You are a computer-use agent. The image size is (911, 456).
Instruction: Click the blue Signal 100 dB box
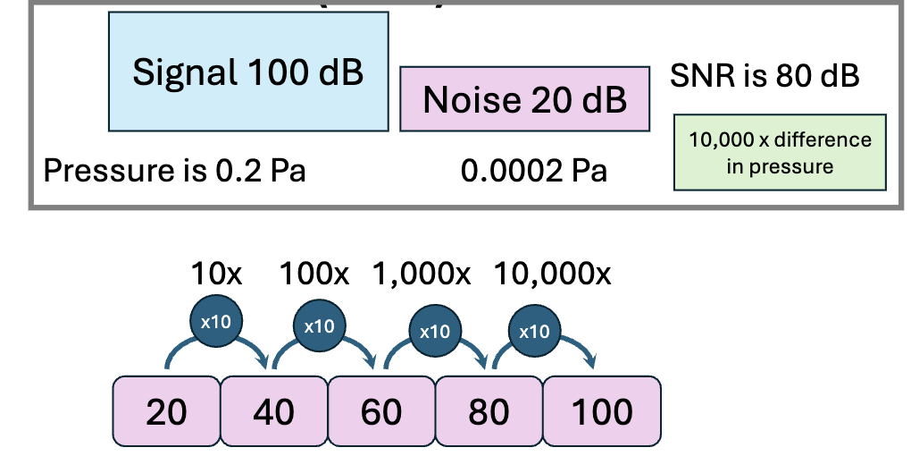click(248, 72)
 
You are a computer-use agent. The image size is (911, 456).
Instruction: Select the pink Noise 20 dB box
click(524, 98)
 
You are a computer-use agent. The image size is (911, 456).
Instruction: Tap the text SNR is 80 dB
click(765, 76)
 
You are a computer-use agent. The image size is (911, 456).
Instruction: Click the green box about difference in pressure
click(780, 152)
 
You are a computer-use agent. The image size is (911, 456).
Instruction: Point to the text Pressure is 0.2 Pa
click(174, 170)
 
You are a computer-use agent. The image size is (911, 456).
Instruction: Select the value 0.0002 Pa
click(533, 170)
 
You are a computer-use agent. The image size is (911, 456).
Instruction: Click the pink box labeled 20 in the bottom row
click(166, 411)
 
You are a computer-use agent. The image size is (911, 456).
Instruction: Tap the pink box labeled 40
click(274, 411)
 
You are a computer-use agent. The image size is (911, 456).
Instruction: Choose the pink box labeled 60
click(381, 411)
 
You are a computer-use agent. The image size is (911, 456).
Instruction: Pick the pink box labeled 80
click(489, 411)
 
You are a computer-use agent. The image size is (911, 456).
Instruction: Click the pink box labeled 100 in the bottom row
click(601, 411)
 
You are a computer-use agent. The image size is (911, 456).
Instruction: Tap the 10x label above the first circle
click(216, 274)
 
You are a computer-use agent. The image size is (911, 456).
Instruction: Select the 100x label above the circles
click(315, 274)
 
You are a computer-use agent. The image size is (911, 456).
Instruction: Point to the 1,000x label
click(422, 274)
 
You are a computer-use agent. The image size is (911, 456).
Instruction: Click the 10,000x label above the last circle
click(552, 274)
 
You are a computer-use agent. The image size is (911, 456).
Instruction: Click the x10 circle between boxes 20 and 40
click(215, 321)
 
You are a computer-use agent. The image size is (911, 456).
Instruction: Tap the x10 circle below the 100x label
click(319, 325)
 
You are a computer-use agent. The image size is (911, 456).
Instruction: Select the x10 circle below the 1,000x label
click(434, 331)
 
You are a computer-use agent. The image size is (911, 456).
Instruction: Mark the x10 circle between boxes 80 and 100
click(534, 331)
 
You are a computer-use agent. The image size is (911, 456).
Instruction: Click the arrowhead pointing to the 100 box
click(591, 362)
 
